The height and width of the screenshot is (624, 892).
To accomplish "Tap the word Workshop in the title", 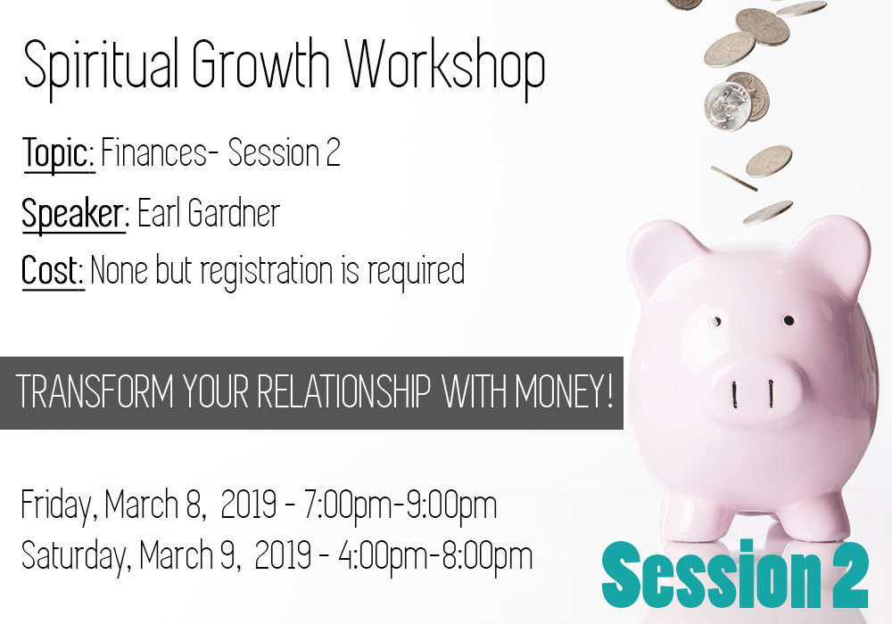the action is tap(446, 68).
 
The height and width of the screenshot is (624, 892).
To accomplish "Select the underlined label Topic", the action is tap(58, 153).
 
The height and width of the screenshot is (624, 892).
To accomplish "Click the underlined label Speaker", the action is tap(73, 214).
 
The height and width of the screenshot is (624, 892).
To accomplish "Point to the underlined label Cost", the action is tap(53, 270).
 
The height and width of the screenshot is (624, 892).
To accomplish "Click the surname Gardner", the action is tap(233, 213).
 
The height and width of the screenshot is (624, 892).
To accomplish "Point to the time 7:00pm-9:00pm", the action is tap(400, 505).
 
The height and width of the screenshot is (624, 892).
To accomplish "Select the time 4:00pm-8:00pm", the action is tap(436, 555).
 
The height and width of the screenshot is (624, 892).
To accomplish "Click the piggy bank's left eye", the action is tap(716, 322).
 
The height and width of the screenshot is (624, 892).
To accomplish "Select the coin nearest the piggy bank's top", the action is tap(768, 212).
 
